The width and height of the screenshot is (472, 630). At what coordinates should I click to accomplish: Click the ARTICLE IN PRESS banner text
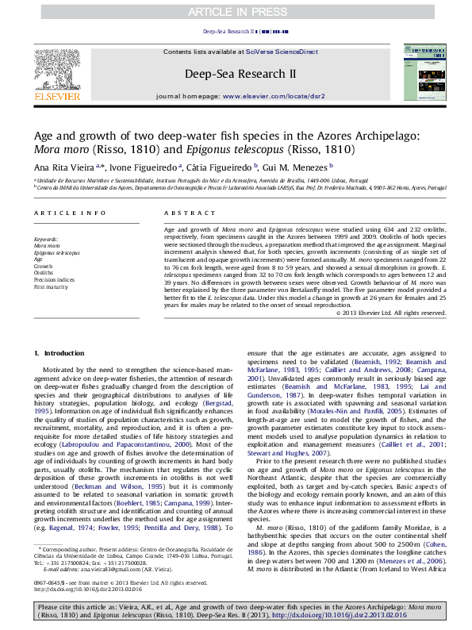click(x=236, y=11)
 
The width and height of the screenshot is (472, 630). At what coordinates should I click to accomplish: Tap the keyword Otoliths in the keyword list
click(x=44, y=272)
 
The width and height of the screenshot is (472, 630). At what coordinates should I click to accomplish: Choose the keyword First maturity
click(x=50, y=286)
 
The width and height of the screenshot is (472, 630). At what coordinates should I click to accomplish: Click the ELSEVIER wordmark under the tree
click(x=57, y=97)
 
